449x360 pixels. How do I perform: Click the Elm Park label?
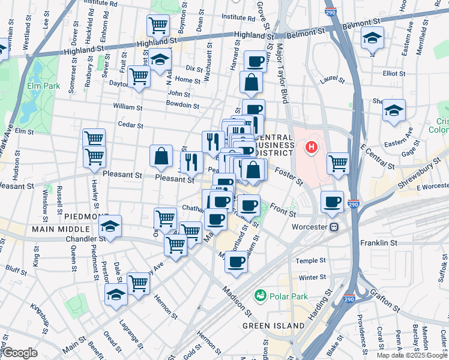[x=43, y=86]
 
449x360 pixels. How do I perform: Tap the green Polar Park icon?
[x=261, y=295]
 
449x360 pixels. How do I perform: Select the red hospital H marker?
[x=312, y=146]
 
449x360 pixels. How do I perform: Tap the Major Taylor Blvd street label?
[x=281, y=67]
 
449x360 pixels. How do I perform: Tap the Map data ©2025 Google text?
[x=412, y=355]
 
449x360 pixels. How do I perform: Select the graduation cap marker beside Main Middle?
[x=110, y=227]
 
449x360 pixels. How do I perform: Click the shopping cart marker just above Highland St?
[x=158, y=26]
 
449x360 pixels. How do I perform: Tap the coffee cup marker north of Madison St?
[x=237, y=262]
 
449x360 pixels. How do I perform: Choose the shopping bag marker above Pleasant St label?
[x=161, y=156]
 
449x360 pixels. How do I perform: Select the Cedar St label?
[x=131, y=125]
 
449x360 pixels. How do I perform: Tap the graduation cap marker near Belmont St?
[x=372, y=38]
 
